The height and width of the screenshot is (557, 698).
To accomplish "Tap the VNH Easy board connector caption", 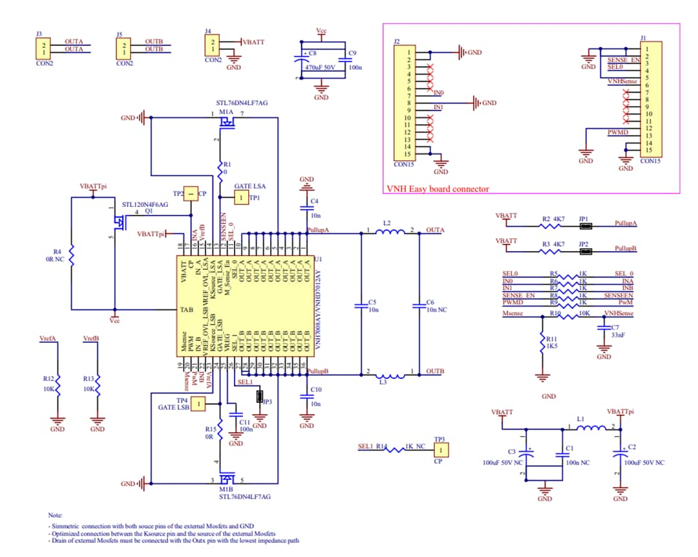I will (438, 189).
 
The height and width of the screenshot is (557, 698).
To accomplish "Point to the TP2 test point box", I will (191, 193).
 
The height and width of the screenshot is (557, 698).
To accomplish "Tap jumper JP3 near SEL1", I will (260, 397).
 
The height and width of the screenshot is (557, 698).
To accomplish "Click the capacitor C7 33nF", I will (604, 329).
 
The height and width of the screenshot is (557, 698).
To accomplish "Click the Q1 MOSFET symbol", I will (119, 223).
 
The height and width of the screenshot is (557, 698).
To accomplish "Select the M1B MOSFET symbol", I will (227, 479).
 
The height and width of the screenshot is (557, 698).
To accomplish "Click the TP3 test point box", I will (440, 450).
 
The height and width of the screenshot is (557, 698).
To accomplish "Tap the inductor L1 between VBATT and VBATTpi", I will (589, 428).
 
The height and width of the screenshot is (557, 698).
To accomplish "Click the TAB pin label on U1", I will (185, 310).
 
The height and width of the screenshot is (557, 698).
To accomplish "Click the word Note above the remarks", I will (55, 516).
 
